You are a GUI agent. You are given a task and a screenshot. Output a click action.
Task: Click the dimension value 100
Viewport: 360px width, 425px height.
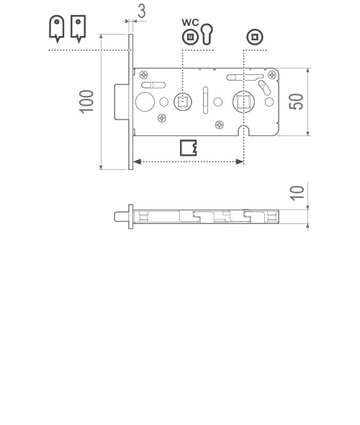(x=86, y=102)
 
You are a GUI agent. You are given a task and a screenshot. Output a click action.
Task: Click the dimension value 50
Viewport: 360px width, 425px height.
(x=296, y=102)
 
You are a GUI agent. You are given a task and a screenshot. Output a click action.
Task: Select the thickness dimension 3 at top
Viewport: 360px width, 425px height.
(x=142, y=11)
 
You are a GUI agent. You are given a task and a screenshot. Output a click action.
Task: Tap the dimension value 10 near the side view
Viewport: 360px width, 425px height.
(x=297, y=193)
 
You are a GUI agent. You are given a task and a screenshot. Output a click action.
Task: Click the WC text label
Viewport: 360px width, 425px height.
(x=190, y=22)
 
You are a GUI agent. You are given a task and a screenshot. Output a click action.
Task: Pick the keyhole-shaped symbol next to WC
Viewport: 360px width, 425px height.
(x=207, y=34)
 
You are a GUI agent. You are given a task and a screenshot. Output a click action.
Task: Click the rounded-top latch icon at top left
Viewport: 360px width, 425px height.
(x=57, y=29)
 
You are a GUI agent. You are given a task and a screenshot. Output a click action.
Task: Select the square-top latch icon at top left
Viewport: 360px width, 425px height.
(x=78, y=29)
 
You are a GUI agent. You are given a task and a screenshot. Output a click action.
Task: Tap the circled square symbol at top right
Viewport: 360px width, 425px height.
(x=255, y=37)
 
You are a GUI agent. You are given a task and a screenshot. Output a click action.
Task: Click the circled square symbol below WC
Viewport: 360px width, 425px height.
(x=190, y=37)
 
